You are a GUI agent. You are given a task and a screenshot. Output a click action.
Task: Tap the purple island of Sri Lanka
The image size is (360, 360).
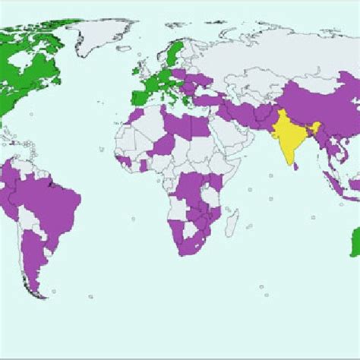pos(297,166)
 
